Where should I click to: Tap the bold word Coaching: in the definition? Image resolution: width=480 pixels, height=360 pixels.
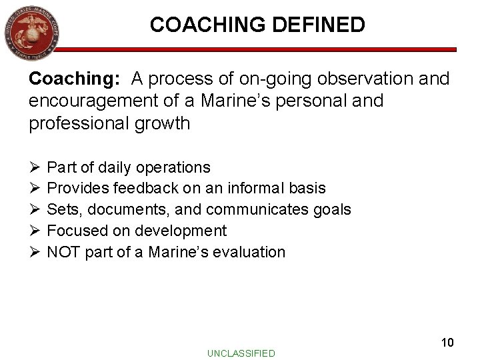click(x=73, y=79)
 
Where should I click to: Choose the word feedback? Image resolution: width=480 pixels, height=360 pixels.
click(x=141, y=188)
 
